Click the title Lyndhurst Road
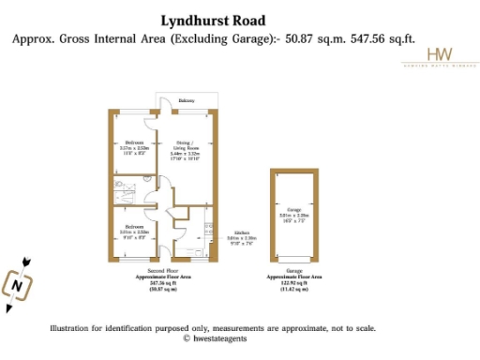pyautogui.click(x=212, y=20)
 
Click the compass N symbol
pyautogui.click(x=17, y=281)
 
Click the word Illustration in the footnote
pyautogui.click(x=72, y=328)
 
